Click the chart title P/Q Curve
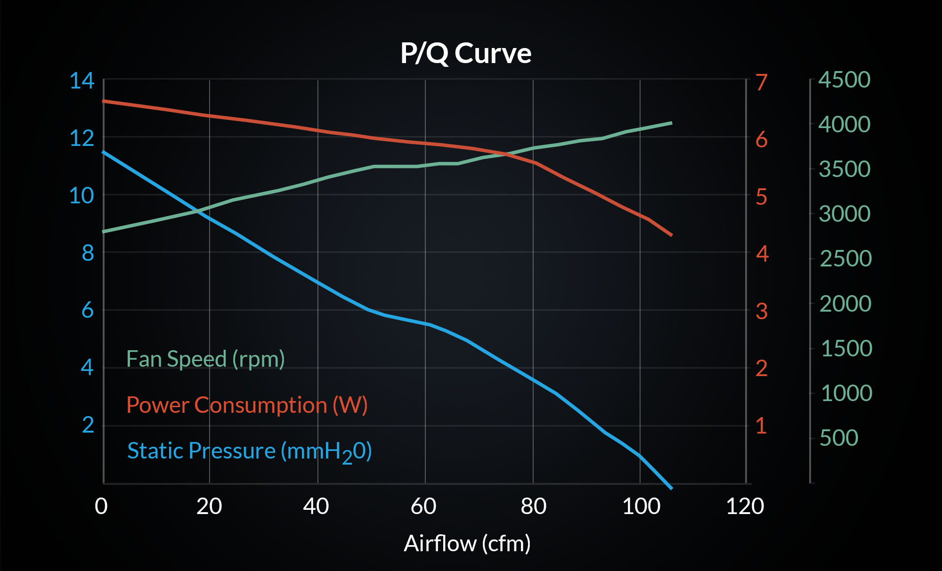(x=466, y=53)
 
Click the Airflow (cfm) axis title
(x=467, y=544)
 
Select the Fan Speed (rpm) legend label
(x=205, y=359)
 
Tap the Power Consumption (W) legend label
(x=247, y=405)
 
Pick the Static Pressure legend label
(x=249, y=451)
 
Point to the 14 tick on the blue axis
(x=81, y=81)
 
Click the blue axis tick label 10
(x=81, y=195)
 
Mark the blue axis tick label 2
(x=88, y=425)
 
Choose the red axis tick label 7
(x=762, y=82)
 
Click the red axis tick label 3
(x=762, y=311)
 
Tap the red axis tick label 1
(x=761, y=426)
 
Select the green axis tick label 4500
(x=844, y=80)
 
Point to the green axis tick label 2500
(x=845, y=258)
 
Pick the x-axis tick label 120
(x=745, y=507)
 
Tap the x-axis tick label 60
(x=423, y=507)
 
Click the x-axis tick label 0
(x=101, y=507)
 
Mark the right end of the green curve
(x=671, y=123)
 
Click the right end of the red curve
(x=671, y=234)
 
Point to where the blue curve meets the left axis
(x=104, y=152)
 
